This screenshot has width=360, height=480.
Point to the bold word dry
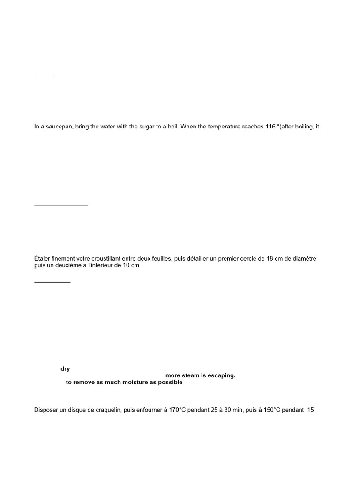click(65, 369)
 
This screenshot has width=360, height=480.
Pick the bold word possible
click(170, 382)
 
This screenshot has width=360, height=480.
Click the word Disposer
click(47, 410)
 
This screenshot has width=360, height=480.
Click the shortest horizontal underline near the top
click(45, 75)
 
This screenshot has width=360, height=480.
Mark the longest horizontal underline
click(61, 205)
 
